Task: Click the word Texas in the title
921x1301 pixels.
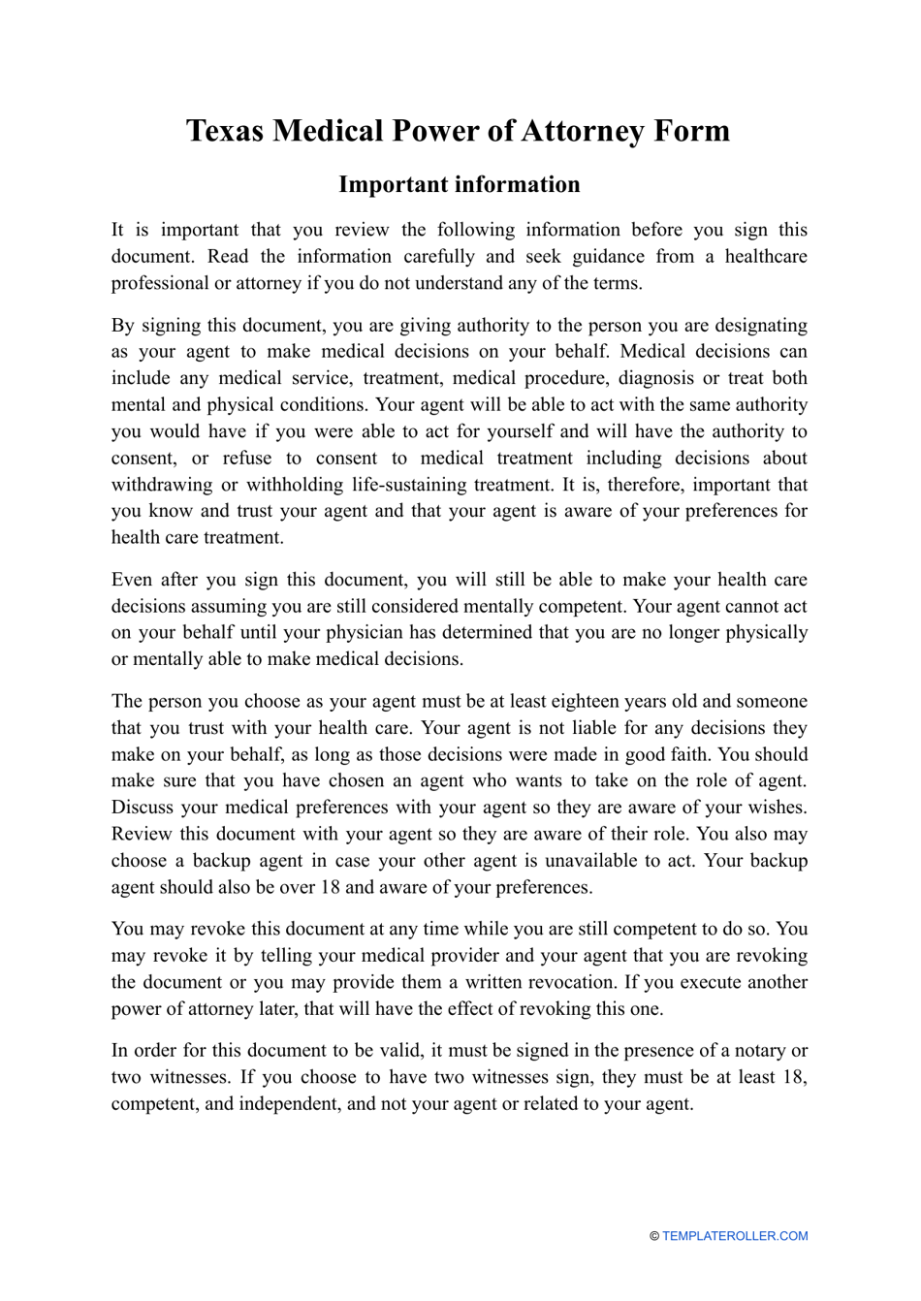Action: [x=224, y=131]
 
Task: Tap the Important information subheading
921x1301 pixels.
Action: [x=459, y=184]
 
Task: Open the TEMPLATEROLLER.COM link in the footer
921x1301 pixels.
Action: [x=735, y=1236]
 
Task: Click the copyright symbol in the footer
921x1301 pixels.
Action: [x=654, y=1236]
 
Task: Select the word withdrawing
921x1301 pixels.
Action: [x=160, y=485]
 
